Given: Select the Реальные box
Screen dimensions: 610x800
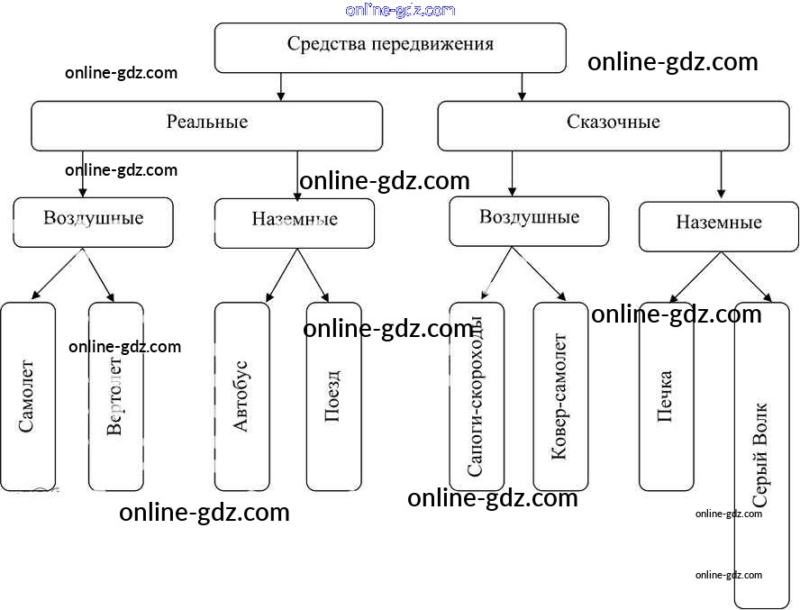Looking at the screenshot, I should (x=207, y=125).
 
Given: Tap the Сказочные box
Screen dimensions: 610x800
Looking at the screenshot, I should (x=614, y=125).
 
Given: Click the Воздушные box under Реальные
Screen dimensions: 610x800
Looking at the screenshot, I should (x=93, y=222).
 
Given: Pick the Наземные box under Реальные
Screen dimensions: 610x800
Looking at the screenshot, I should (x=295, y=223).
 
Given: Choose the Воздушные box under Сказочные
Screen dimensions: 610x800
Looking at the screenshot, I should (x=529, y=221).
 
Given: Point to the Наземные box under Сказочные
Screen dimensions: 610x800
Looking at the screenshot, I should (x=719, y=226).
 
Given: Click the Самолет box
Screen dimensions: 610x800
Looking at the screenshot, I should (x=28, y=396).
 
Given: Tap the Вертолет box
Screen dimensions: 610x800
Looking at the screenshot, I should (x=115, y=396).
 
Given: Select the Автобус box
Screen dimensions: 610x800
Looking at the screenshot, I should (x=241, y=396).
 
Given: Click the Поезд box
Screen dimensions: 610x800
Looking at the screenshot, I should (x=333, y=396).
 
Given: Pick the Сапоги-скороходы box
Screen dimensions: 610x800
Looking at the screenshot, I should (x=477, y=396).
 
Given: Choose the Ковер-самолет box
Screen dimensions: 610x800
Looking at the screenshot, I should (x=560, y=396).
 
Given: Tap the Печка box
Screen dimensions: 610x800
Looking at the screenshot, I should (x=667, y=396).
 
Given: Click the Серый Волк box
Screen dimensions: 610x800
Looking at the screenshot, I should (x=761, y=455).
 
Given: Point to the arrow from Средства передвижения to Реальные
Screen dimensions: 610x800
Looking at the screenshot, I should (x=281, y=86).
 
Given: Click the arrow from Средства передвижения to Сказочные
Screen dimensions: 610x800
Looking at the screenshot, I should (x=523, y=86).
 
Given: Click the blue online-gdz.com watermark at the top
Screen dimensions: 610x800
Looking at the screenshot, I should (x=400, y=10).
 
